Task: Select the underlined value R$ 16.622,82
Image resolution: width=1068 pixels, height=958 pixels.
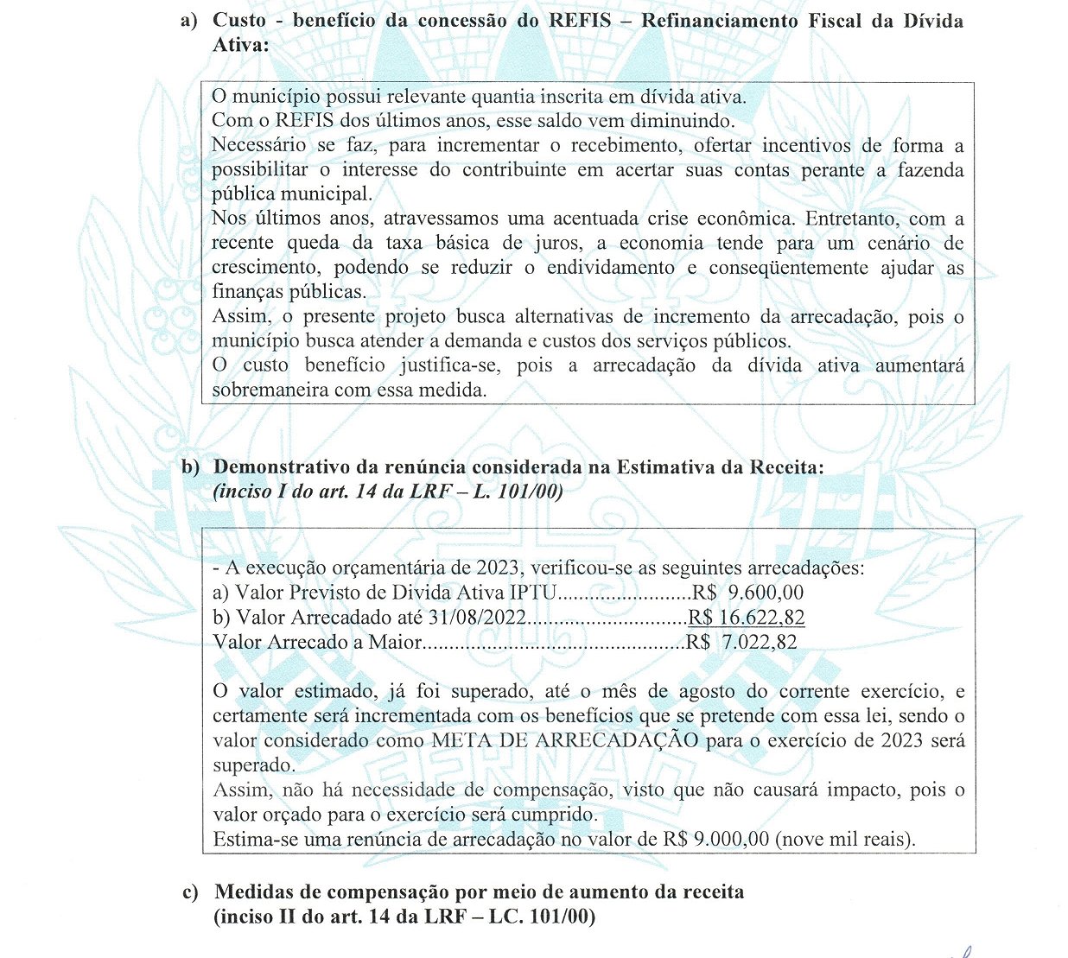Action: click(747, 617)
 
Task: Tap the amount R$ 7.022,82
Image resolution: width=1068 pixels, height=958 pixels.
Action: click(741, 642)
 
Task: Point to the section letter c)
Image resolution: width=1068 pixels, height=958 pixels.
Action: click(190, 891)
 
